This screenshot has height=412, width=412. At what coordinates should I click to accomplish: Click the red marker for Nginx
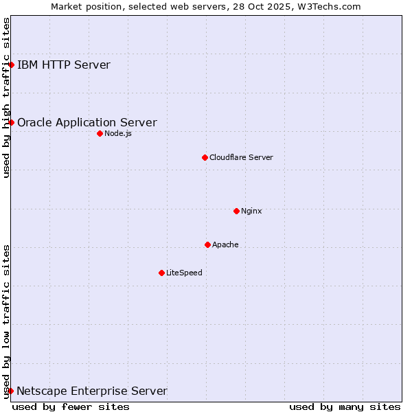[x=236, y=211]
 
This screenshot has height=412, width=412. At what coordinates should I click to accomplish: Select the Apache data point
[x=207, y=244]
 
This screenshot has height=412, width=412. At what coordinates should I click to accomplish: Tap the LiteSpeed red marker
[x=161, y=273]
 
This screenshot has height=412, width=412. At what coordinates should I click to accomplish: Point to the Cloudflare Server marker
[x=205, y=157]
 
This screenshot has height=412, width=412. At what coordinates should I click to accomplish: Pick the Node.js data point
[x=100, y=133]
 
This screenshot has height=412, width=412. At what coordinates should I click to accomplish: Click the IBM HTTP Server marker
[x=12, y=65]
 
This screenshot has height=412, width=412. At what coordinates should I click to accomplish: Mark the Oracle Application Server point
[x=12, y=122]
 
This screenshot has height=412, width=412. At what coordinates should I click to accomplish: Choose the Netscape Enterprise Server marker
[x=10, y=391]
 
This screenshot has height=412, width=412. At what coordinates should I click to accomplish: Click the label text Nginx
[x=251, y=211]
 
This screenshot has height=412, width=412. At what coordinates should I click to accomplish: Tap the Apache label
[x=225, y=244]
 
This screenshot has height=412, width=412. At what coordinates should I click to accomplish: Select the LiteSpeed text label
[x=184, y=273]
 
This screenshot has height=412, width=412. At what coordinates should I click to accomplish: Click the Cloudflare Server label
[x=241, y=157]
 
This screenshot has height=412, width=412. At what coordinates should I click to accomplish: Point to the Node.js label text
[x=118, y=133]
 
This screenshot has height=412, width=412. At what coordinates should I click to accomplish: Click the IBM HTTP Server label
[x=64, y=65]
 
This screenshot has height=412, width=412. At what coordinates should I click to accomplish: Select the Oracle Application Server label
[x=87, y=123]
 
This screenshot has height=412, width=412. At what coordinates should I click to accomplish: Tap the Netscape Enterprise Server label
[x=92, y=391]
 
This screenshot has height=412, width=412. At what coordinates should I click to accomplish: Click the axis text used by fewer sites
[x=71, y=407]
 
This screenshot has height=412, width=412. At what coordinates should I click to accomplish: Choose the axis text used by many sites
[x=345, y=407]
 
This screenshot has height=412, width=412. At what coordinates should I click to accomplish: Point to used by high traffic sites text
[x=6, y=98]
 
